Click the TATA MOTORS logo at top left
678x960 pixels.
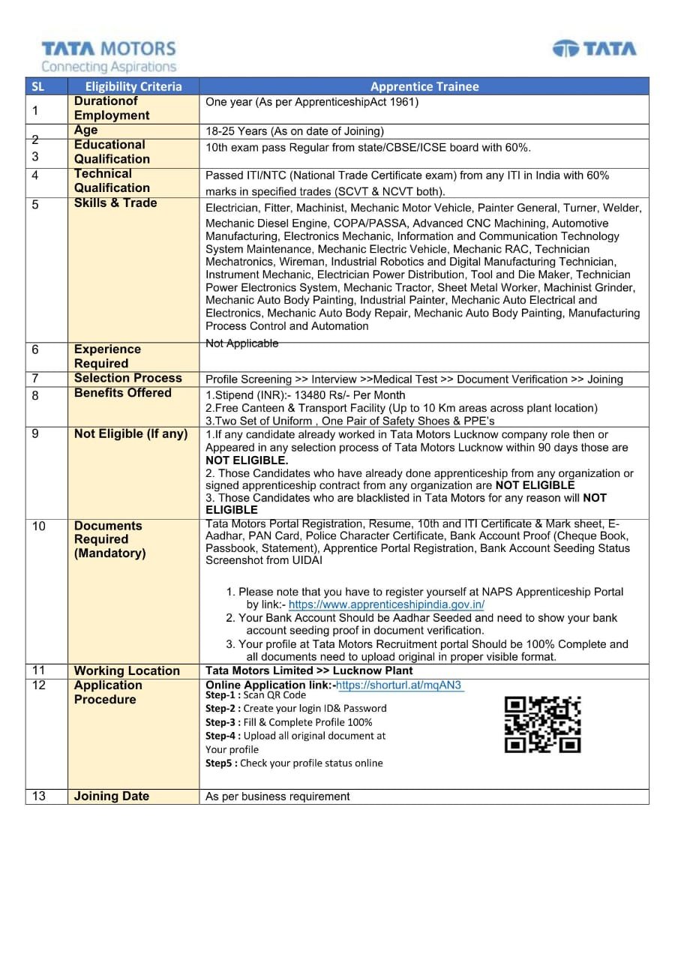coord(109,49)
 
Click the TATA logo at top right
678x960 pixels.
coord(594,49)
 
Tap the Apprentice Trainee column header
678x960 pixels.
coord(424,86)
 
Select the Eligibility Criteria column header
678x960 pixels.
coord(133,86)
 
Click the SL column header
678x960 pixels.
coord(37,86)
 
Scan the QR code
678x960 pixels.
coord(543,724)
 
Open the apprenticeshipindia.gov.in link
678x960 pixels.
coord(386,604)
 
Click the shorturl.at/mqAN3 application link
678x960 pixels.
coord(400,685)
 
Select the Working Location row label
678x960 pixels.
coord(127,670)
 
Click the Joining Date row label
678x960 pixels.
coord(112,796)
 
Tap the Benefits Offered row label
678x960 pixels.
coord(123,393)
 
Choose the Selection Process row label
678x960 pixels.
coord(128,378)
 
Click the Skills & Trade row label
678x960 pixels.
coord(115,203)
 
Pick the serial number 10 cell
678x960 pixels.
coord(38,526)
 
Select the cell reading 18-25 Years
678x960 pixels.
coord(295,131)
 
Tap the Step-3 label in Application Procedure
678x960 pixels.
coord(223,722)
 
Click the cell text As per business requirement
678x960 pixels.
coord(277,796)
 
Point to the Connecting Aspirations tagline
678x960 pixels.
coord(109,67)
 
